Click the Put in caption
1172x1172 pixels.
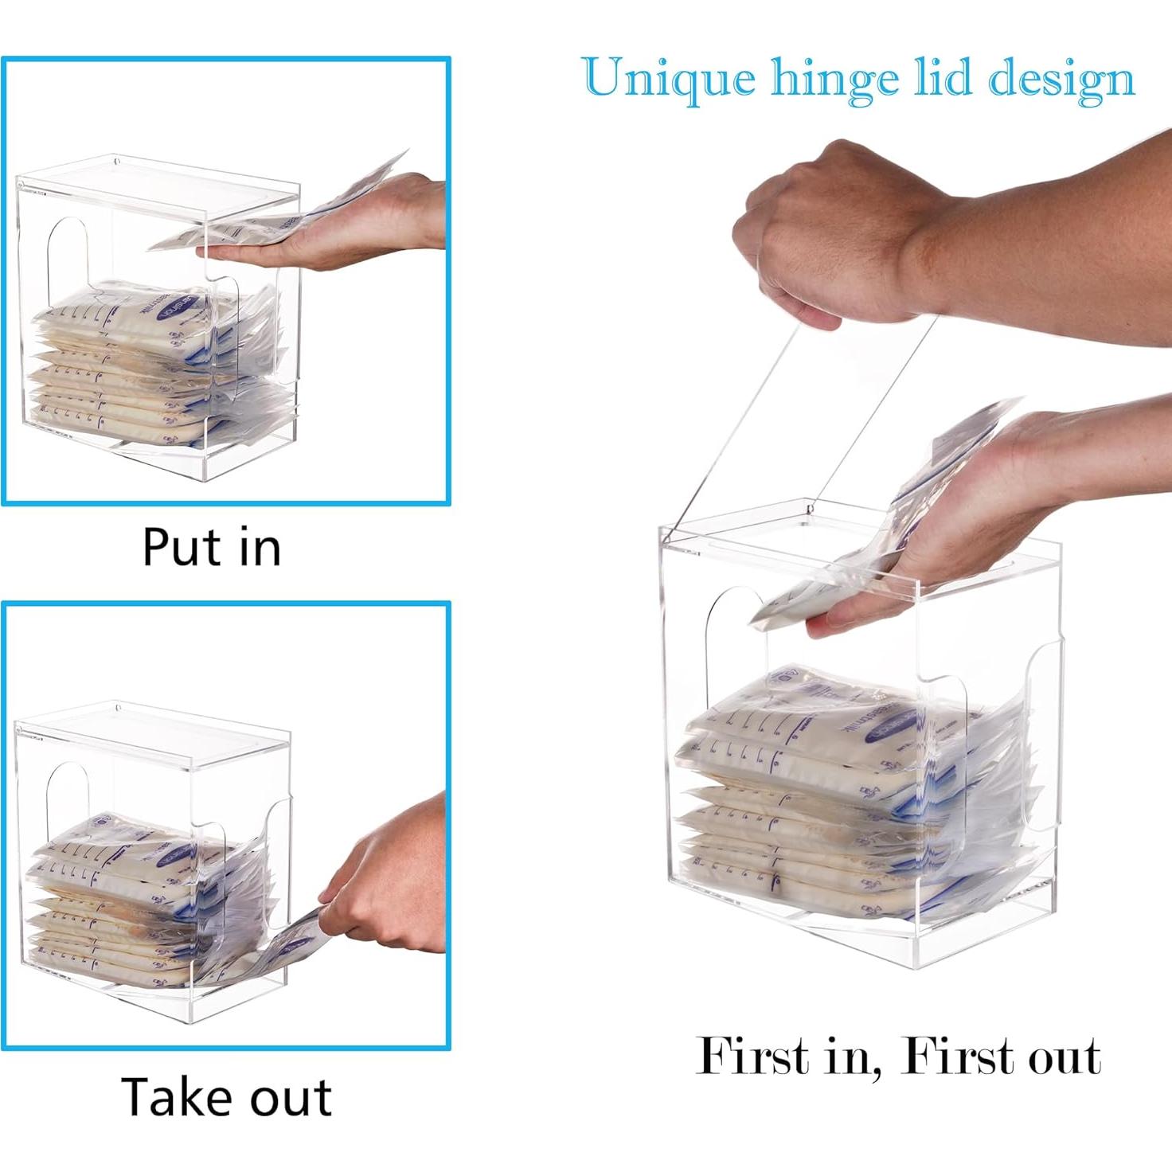(x=212, y=547)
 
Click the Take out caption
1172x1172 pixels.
(x=226, y=1096)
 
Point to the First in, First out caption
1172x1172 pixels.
(x=898, y=1057)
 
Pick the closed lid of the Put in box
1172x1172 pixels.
(x=159, y=187)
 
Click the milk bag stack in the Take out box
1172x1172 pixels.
(x=119, y=900)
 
